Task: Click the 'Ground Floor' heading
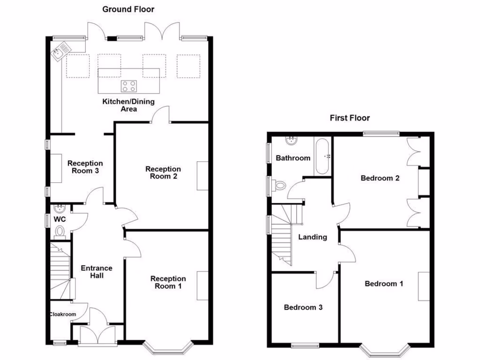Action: click(x=128, y=9)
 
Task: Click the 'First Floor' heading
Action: click(x=350, y=118)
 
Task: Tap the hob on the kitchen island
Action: click(x=129, y=86)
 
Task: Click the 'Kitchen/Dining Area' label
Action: click(x=128, y=105)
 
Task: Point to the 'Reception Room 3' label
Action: click(x=85, y=167)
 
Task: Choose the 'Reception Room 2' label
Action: click(x=163, y=172)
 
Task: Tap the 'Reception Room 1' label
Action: click(x=168, y=282)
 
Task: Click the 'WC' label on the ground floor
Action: click(x=59, y=219)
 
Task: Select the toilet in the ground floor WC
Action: click(x=60, y=232)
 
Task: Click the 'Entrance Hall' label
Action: click(x=97, y=272)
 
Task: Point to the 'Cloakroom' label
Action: click(x=63, y=315)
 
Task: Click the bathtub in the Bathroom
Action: click(x=323, y=156)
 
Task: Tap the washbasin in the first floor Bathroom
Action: click(x=292, y=140)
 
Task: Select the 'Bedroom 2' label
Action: click(x=380, y=178)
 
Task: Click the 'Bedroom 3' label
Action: click(x=303, y=307)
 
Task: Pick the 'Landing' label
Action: click(x=312, y=237)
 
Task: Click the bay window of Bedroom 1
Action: click(x=384, y=350)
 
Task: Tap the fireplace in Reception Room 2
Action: click(x=202, y=176)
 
